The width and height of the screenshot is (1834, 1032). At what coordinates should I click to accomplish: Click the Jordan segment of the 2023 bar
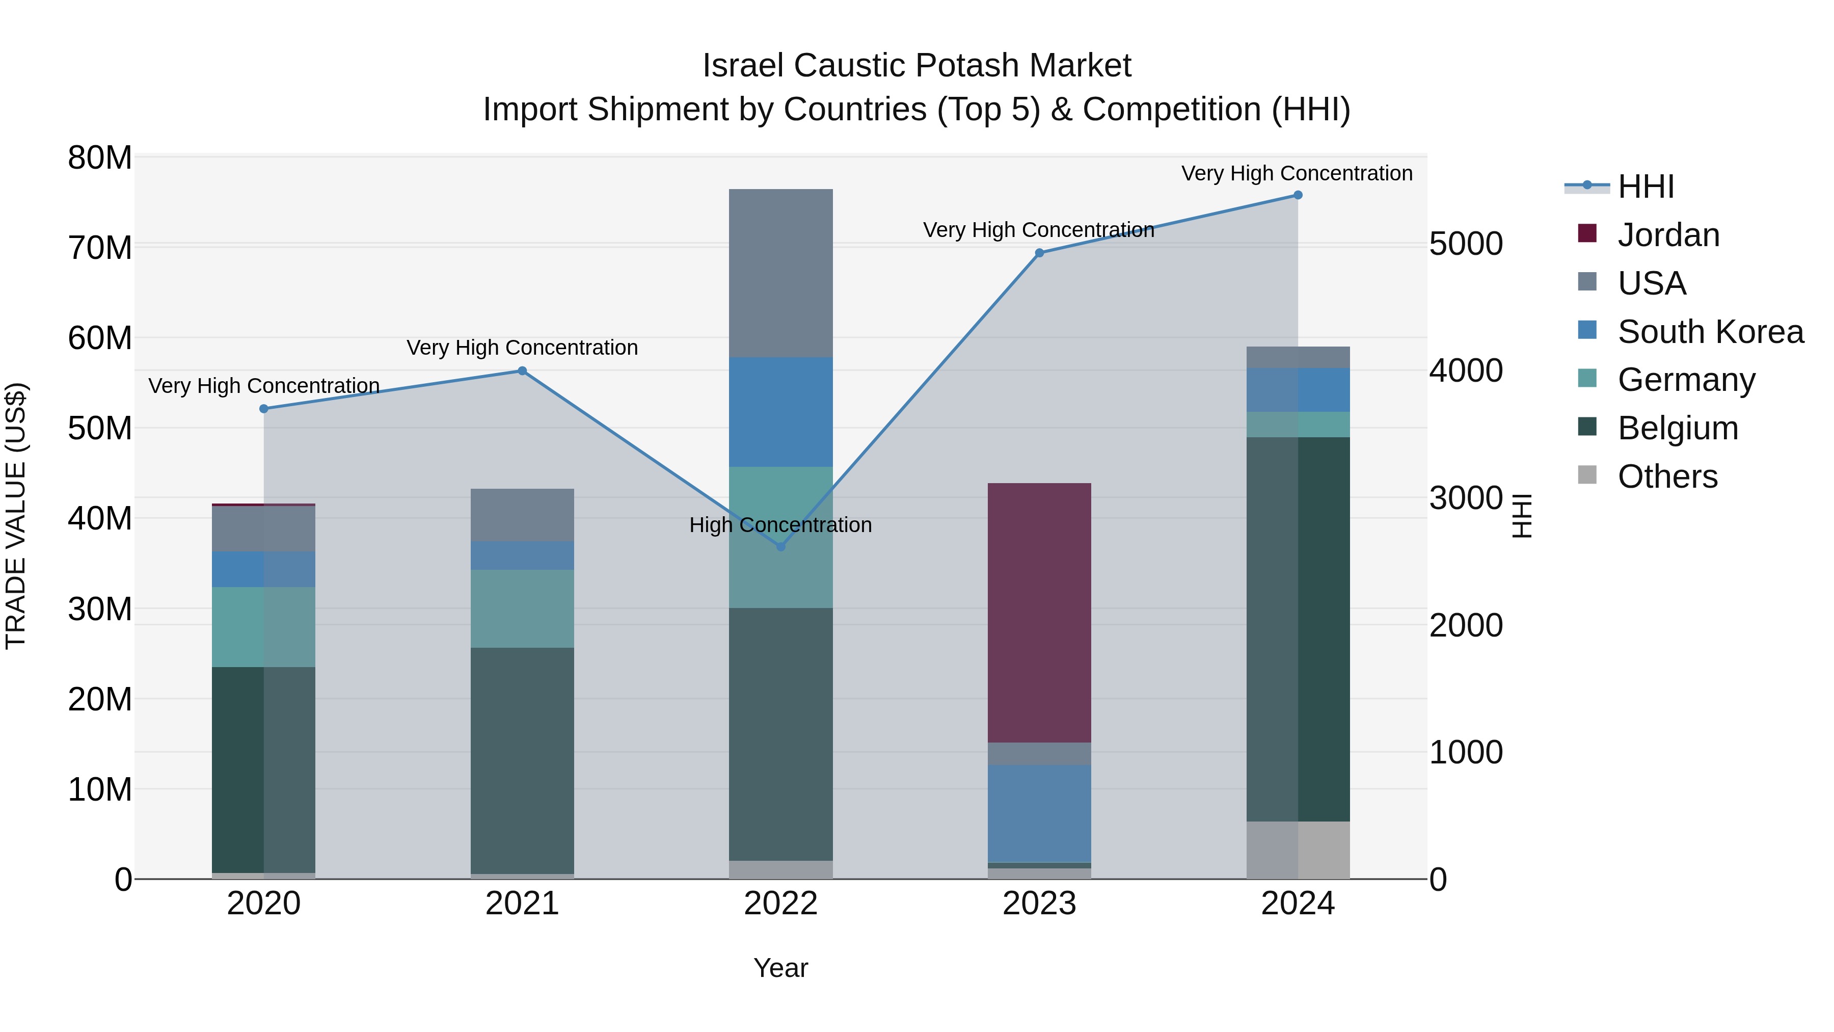coord(1039,613)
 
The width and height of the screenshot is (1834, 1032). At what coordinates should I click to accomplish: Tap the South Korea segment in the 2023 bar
coord(1039,813)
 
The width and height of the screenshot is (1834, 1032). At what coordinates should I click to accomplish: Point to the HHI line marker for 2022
coord(780,546)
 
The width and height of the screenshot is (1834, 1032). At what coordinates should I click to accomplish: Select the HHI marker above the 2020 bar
coord(263,409)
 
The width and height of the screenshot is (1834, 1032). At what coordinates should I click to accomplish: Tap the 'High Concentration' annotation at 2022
coord(780,525)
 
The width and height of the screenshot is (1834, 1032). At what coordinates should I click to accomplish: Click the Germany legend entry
coord(1686,380)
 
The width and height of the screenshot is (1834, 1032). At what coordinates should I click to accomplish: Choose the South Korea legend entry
coord(1710,332)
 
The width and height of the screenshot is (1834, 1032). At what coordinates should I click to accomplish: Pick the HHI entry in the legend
coord(1646,187)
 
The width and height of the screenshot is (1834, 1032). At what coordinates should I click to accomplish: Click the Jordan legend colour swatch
coord(1587,233)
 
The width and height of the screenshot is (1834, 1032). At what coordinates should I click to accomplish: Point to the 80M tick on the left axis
coord(100,157)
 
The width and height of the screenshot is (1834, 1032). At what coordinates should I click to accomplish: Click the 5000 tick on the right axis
coord(1466,244)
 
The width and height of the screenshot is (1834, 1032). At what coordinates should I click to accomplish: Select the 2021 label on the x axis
coord(522,904)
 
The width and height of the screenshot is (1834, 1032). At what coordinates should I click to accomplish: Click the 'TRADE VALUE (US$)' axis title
coord(16,516)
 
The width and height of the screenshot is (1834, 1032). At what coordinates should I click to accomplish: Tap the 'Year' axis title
coord(780,968)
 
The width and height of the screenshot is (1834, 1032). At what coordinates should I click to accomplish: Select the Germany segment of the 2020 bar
coord(263,627)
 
